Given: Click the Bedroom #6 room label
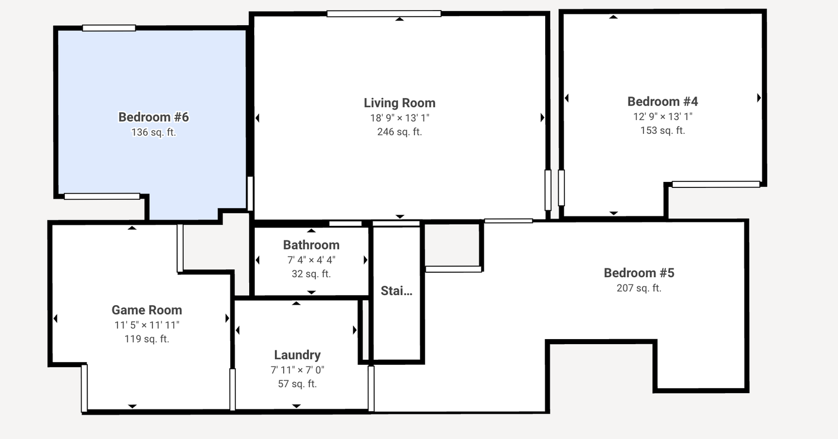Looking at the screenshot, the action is click(x=154, y=117).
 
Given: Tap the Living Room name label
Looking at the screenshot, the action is click(x=399, y=103).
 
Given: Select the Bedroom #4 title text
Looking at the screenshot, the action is click(x=663, y=102).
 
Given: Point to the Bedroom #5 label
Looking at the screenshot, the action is click(x=639, y=273).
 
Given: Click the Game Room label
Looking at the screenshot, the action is click(x=146, y=310).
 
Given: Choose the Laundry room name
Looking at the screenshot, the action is click(x=297, y=355).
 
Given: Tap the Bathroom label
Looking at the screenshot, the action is click(x=311, y=245).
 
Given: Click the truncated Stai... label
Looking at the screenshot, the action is click(x=397, y=291).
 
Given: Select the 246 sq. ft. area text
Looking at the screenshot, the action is click(x=399, y=132).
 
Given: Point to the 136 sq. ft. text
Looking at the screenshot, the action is click(x=154, y=133).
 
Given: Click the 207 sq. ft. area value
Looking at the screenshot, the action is click(x=639, y=288).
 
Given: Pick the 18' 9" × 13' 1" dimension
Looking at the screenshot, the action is click(x=399, y=118).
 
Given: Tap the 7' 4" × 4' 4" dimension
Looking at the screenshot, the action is click(x=311, y=260).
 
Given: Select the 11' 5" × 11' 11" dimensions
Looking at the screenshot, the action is click(x=146, y=325).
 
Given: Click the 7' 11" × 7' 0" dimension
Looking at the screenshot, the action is click(x=297, y=370).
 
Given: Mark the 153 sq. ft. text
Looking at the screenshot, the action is click(x=663, y=131).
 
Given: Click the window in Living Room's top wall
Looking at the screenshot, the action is click(x=384, y=14).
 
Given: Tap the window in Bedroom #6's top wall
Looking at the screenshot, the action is click(x=109, y=28).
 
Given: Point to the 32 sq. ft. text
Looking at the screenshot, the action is click(x=311, y=274).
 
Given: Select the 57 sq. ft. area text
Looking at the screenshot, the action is click(x=297, y=384).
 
